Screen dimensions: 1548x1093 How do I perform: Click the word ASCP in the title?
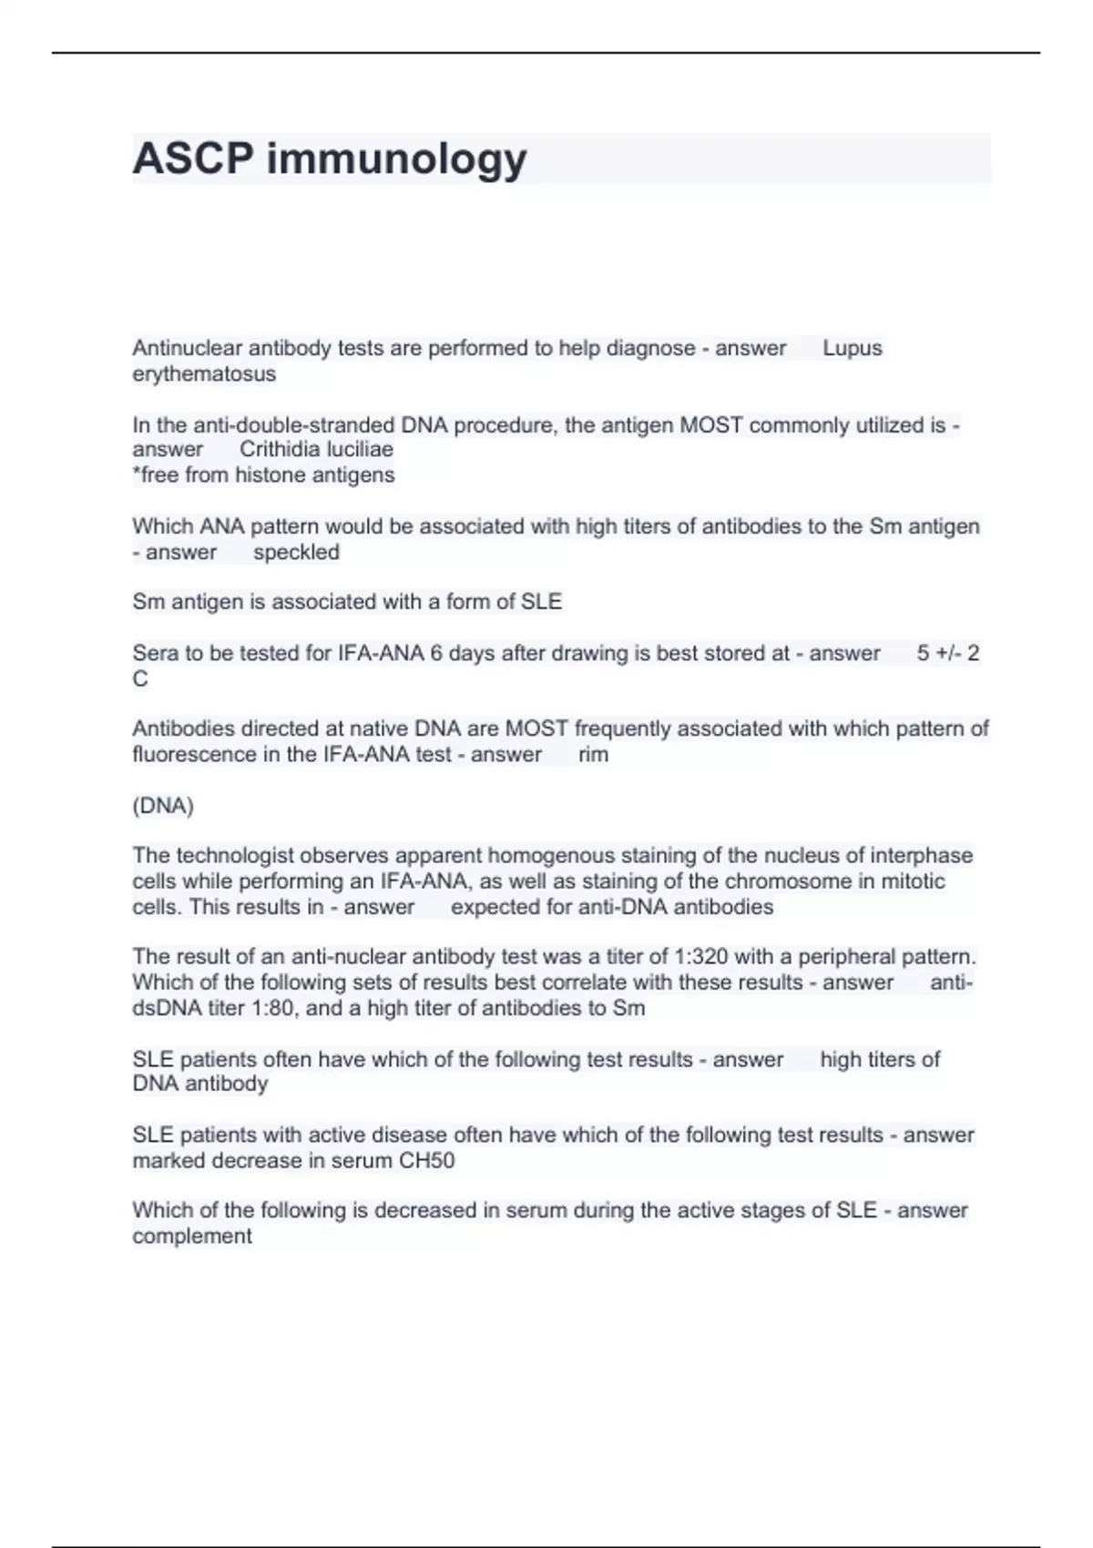tap(192, 158)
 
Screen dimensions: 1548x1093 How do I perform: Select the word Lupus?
tap(852, 348)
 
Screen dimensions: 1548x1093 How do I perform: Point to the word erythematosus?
tap(204, 374)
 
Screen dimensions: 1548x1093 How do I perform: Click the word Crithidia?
tap(280, 449)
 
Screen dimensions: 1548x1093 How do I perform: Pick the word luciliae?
tap(359, 449)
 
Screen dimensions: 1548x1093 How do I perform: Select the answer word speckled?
tap(296, 552)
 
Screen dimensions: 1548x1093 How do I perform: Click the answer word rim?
tap(593, 754)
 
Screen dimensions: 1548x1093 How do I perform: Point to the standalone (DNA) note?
tap(163, 806)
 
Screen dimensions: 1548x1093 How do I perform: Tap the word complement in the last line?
tap(192, 1237)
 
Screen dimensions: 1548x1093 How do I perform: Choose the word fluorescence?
tap(194, 754)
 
